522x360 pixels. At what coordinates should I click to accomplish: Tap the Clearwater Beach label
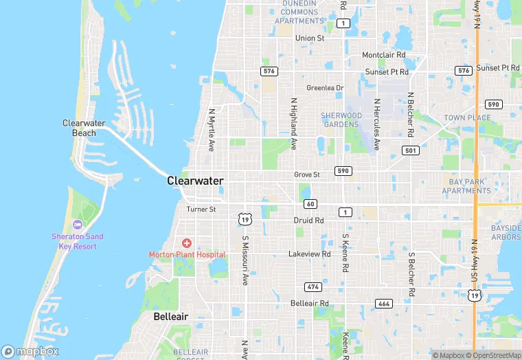point(84,128)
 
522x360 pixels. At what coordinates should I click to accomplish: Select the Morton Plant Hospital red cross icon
point(186,243)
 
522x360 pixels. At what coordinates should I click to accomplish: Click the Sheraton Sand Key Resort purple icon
point(77,225)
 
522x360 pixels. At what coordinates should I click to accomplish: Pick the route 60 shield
point(310,204)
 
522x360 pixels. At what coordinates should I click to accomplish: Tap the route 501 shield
point(411,150)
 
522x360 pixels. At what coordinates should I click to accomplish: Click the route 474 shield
point(313,286)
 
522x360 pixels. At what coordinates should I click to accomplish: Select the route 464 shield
point(383,303)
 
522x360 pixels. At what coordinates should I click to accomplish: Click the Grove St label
point(306,175)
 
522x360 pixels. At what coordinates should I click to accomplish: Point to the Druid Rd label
point(308,221)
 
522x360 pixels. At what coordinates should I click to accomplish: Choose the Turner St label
point(201,209)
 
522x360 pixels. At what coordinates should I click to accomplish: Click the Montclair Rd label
point(384,55)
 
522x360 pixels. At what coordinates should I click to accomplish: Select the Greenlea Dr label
point(324,88)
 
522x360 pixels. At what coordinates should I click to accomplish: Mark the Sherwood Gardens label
point(341,120)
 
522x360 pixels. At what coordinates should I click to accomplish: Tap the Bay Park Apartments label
point(467,186)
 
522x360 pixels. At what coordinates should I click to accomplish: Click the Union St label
point(309,38)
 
